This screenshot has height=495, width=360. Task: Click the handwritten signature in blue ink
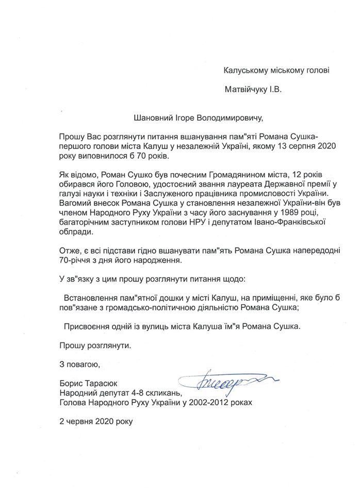click(217, 382)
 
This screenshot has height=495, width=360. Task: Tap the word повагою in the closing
click(82, 364)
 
